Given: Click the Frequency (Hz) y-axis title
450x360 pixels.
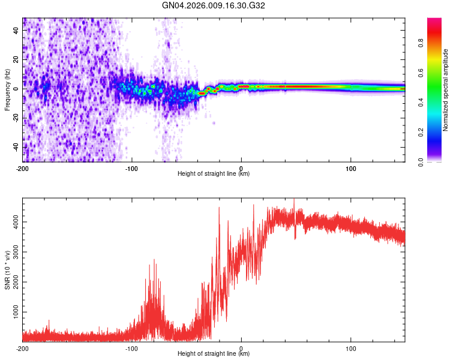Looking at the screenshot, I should [7, 90].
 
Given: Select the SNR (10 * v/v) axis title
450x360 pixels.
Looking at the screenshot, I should [7, 270].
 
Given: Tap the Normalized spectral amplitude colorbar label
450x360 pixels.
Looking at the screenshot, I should [446, 90].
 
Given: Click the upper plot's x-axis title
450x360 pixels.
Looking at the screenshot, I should [214, 174].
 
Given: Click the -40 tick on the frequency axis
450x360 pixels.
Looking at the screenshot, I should [16, 147].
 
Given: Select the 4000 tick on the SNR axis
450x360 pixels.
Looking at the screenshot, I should [13, 222].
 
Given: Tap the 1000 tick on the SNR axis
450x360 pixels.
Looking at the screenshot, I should [13, 313].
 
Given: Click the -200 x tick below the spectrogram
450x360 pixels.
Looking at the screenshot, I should [23, 168].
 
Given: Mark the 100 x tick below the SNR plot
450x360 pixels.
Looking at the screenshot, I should [350, 348].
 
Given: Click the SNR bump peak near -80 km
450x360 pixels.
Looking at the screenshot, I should [154, 260].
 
